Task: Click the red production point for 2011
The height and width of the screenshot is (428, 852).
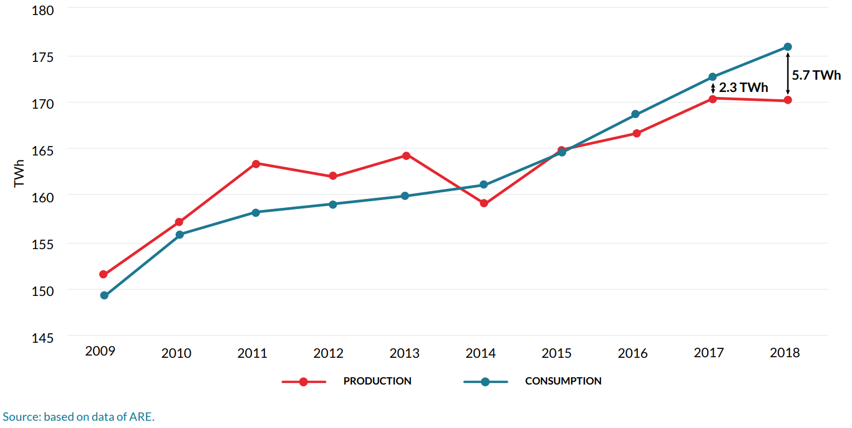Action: (x=256, y=164)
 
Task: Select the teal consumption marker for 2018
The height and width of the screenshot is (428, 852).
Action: (x=787, y=47)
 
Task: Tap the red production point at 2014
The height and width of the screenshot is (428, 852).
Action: (x=483, y=203)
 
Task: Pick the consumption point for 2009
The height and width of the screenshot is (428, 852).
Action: (x=104, y=295)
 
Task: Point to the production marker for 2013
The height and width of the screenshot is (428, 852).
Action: (x=406, y=155)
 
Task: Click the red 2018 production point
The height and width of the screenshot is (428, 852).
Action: (x=787, y=100)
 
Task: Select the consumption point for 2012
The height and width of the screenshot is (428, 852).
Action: (x=333, y=205)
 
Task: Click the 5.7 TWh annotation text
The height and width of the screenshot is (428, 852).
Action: (x=816, y=75)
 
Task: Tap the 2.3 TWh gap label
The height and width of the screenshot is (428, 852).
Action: (x=743, y=88)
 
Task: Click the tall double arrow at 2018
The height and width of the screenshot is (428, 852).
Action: (x=787, y=74)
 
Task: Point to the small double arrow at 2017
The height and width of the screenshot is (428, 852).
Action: (x=713, y=88)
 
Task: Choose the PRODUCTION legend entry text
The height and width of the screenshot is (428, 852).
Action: (x=377, y=381)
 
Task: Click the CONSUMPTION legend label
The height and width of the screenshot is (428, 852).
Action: (x=563, y=381)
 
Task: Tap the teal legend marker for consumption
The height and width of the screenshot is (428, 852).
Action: (x=485, y=382)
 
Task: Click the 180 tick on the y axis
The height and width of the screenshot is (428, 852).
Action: (x=42, y=11)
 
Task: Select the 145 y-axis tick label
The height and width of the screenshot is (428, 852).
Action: (x=42, y=338)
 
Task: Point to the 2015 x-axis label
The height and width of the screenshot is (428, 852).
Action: (x=556, y=353)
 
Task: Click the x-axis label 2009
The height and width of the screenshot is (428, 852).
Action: (x=100, y=351)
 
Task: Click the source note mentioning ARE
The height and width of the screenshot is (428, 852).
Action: (x=78, y=417)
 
